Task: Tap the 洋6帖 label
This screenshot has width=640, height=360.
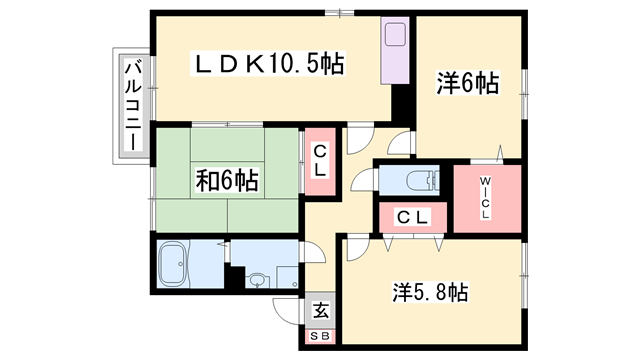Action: point(467,85)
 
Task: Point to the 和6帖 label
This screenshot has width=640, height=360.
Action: point(227,181)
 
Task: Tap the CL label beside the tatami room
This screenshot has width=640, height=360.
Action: point(320,161)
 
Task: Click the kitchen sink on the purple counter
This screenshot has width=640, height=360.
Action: point(393,40)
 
